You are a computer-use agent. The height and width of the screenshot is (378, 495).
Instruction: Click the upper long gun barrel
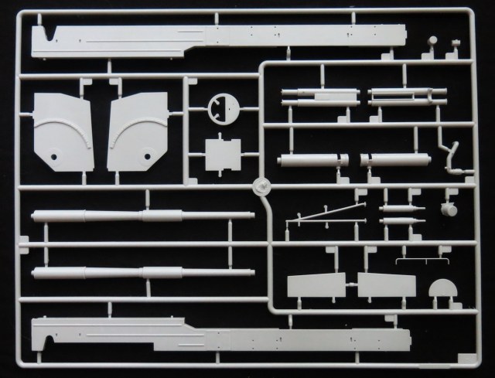pyautogui.click(x=143, y=216)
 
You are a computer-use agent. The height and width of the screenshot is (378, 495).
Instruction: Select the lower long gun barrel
pyautogui.click(x=143, y=273)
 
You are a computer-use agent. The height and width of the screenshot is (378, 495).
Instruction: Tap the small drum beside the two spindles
pyautogui.click(x=449, y=209)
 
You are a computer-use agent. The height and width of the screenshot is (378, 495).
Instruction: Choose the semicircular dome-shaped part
pyautogui.click(x=442, y=291)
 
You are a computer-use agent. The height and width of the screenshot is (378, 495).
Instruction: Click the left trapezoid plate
pyautogui.click(x=316, y=287)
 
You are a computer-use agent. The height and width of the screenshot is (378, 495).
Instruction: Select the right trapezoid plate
pyautogui.click(x=386, y=287)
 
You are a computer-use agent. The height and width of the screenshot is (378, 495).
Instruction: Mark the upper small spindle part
pyautogui.click(x=401, y=208)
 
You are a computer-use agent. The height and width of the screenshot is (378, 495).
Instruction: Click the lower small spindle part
pyautogui.click(x=401, y=221)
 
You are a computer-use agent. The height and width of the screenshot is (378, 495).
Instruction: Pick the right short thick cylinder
pyautogui.click(x=394, y=162)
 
